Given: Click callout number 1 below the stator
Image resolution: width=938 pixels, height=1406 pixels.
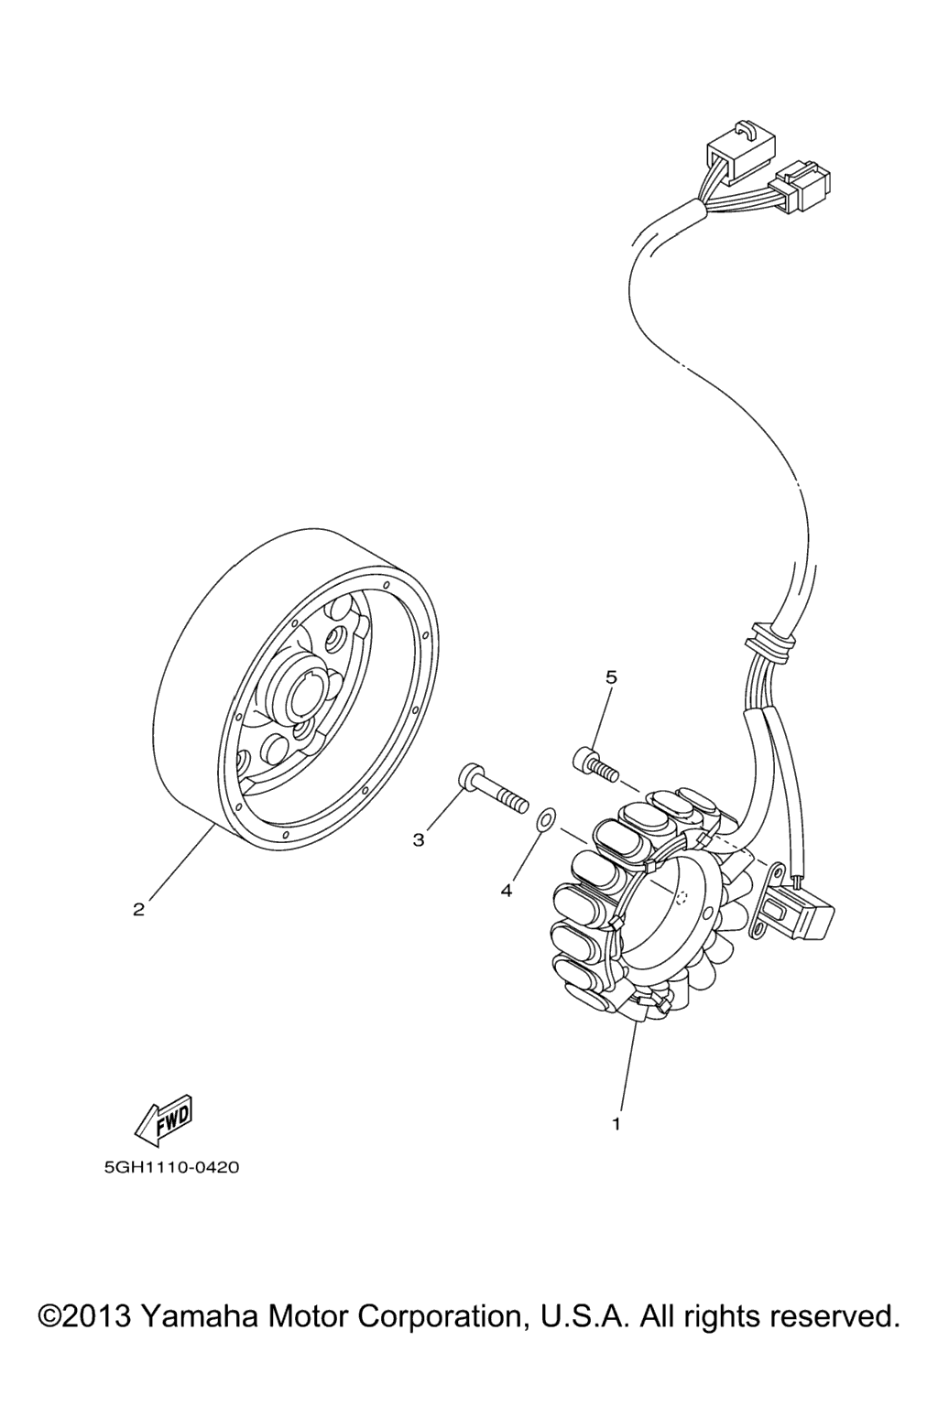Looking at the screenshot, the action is (x=616, y=1123).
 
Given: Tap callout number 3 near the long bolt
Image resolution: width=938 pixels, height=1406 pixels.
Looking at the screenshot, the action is (x=419, y=840).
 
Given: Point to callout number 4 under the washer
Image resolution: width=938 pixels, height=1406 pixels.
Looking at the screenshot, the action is (x=507, y=891).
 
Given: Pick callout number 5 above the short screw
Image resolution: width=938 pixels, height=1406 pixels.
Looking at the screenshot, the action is (x=611, y=676).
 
